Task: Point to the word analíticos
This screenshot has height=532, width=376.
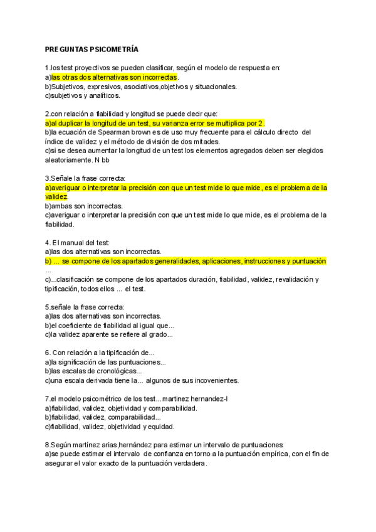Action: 100,96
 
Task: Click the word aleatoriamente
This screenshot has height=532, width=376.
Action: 70,160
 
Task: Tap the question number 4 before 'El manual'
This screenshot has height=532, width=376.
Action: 47,242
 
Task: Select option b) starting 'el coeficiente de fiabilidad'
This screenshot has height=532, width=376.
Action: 110,326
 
